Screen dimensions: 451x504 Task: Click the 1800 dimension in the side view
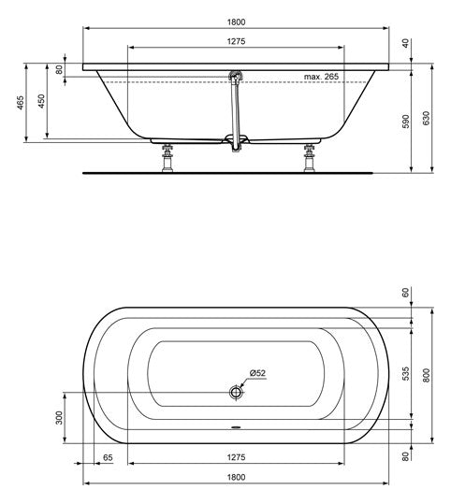pyautogui.click(x=236, y=22)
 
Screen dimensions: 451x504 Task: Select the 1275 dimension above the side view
pyautogui.click(x=236, y=41)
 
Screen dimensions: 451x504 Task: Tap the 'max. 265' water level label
pyautogui.click(x=321, y=77)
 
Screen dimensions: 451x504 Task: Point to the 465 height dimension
pyautogui.click(x=21, y=103)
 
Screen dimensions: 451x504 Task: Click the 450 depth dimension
pyautogui.click(x=42, y=101)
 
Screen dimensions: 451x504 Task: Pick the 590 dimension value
pyautogui.click(x=406, y=122)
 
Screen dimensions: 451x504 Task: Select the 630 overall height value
pyautogui.click(x=426, y=118)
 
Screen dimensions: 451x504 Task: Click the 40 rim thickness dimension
pyautogui.click(x=406, y=43)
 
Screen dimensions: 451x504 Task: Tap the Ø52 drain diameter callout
pyautogui.click(x=257, y=373)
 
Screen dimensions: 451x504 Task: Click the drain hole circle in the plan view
pyautogui.click(x=236, y=392)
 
